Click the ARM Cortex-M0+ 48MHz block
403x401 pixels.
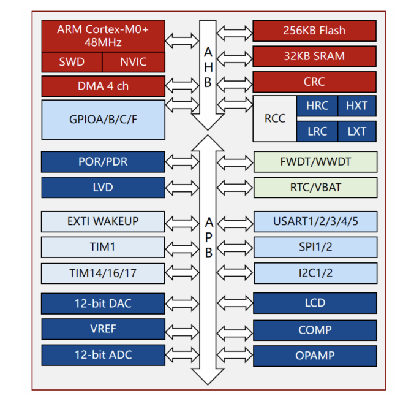coord(103,36)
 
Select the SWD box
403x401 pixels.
coord(72,62)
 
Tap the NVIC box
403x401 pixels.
coord(133,62)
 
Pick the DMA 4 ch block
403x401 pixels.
coord(103,86)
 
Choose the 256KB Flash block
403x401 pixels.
coord(314,31)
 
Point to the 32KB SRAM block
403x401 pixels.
coord(314,56)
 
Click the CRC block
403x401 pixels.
coord(314,82)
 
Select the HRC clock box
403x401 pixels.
coord(317,105)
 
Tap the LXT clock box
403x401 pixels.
coord(356,131)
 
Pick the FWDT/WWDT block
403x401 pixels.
coord(314,162)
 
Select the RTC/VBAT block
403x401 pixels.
coord(314,188)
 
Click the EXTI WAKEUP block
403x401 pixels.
coord(103,221)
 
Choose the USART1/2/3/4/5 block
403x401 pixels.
coord(314,221)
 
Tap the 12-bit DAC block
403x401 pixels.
coord(103,303)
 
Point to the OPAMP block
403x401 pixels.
coord(314,355)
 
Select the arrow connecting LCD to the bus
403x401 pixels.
coord(235,304)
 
